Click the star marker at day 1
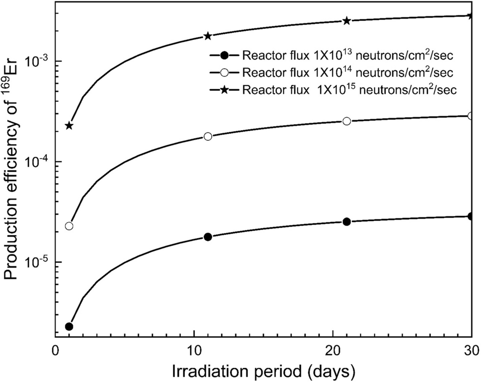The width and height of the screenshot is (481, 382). pyautogui.click(x=69, y=126)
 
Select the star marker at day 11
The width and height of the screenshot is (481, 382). pyautogui.click(x=208, y=36)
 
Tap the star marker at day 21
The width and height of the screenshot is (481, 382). pyautogui.click(x=347, y=21)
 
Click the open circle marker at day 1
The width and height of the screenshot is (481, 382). pyautogui.click(x=69, y=226)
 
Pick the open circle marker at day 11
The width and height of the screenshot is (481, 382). pyautogui.click(x=208, y=136)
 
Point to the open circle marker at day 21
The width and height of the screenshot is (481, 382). pyautogui.click(x=347, y=121)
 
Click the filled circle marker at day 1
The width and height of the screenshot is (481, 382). pyautogui.click(x=69, y=326)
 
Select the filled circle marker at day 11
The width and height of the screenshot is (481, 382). pyautogui.click(x=208, y=237)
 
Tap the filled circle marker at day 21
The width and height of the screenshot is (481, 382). pyautogui.click(x=347, y=222)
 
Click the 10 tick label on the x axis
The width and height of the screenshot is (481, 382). pyautogui.click(x=193, y=350)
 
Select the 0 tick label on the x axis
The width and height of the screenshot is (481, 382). pyautogui.click(x=56, y=350)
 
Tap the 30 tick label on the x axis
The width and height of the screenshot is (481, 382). pyautogui.click(x=471, y=350)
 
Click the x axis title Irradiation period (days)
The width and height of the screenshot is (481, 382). pyautogui.click(x=263, y=370)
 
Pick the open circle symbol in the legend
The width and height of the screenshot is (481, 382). pyautogui.click(x=225, y=73)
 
